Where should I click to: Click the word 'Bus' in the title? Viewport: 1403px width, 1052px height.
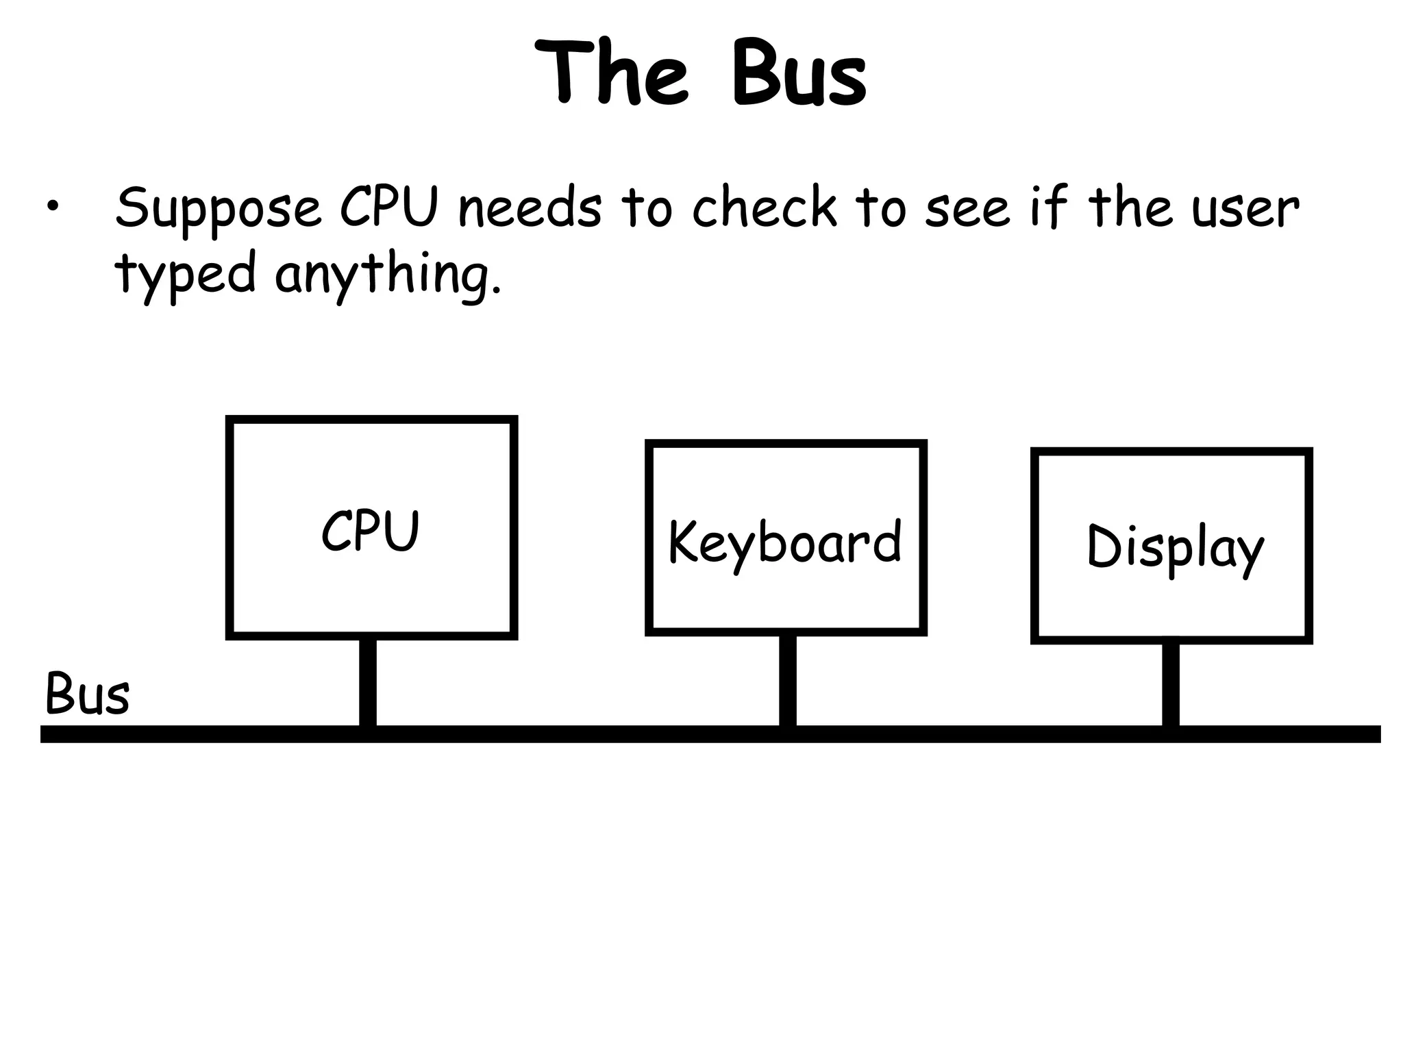click(x=798, y=73)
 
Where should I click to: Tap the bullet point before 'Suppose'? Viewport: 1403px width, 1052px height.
click(x=53, y=208)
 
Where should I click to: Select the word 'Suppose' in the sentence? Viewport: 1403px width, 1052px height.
click(x=218, y=209)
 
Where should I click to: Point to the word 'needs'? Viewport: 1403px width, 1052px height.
click(x=530, y=208)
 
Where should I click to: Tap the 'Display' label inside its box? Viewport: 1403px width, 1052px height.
click(x=1174, y=547)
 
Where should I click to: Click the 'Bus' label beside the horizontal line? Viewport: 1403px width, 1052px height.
click(x=87, y=694)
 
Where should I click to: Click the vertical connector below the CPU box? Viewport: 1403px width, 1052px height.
click(x=368, y=682)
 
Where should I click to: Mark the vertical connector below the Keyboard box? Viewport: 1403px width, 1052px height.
click(x=787, y=680)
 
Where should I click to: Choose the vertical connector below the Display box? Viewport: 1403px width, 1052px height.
click(x=1170, y=684)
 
